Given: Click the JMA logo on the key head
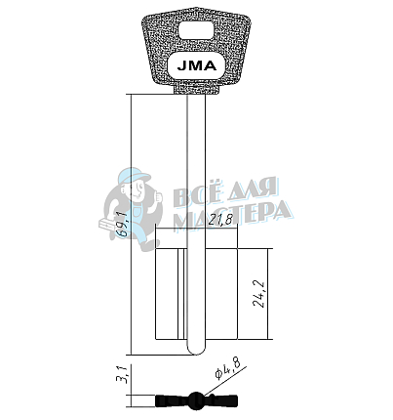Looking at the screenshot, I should pos(196,65).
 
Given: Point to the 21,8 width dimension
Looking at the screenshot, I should pos(222,221).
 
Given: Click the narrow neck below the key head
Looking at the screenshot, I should pos(196,90).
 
